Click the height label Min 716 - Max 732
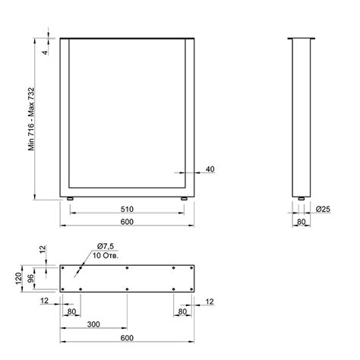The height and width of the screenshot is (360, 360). (x=31, y=119)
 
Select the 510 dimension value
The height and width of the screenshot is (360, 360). (x=127, y=210)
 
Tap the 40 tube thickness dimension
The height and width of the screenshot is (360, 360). (x=210, y=169)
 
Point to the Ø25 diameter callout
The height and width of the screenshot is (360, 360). (x=323, y=209)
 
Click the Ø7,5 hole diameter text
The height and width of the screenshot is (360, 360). (x=106, y=246)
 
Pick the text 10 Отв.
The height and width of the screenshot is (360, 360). (x=106, y=255)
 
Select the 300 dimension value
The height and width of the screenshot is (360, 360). (x=93, y=324)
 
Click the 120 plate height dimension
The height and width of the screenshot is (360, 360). (x=18, y=278)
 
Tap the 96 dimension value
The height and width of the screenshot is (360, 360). (x=30, y=279)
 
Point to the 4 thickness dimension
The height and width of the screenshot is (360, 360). (x=45, y=52)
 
